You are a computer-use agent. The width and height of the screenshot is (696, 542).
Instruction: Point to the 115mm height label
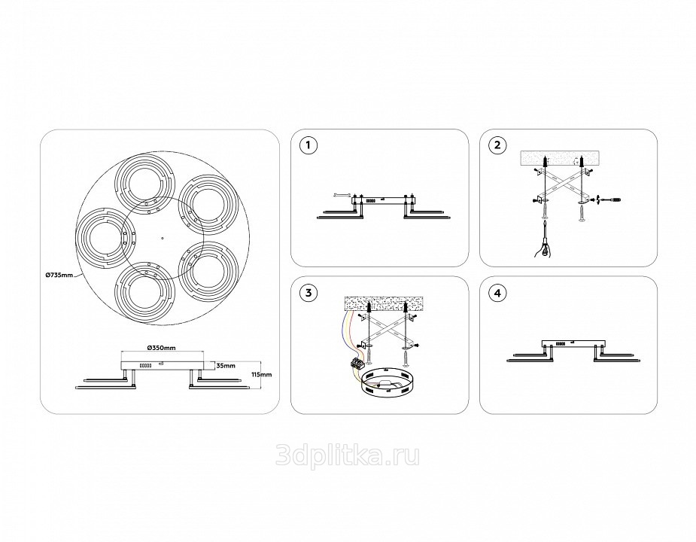[x=261, y=374]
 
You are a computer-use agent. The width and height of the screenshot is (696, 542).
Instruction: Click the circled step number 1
[x=305, y=145]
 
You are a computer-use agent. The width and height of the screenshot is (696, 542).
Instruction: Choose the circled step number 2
[x=495, y=145]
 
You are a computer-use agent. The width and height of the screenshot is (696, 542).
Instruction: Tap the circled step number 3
[x=305, y=292]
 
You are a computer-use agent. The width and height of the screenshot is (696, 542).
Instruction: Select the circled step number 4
[x=495, y=292]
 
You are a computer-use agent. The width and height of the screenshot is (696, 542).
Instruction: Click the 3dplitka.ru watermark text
[x=348, y=455]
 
